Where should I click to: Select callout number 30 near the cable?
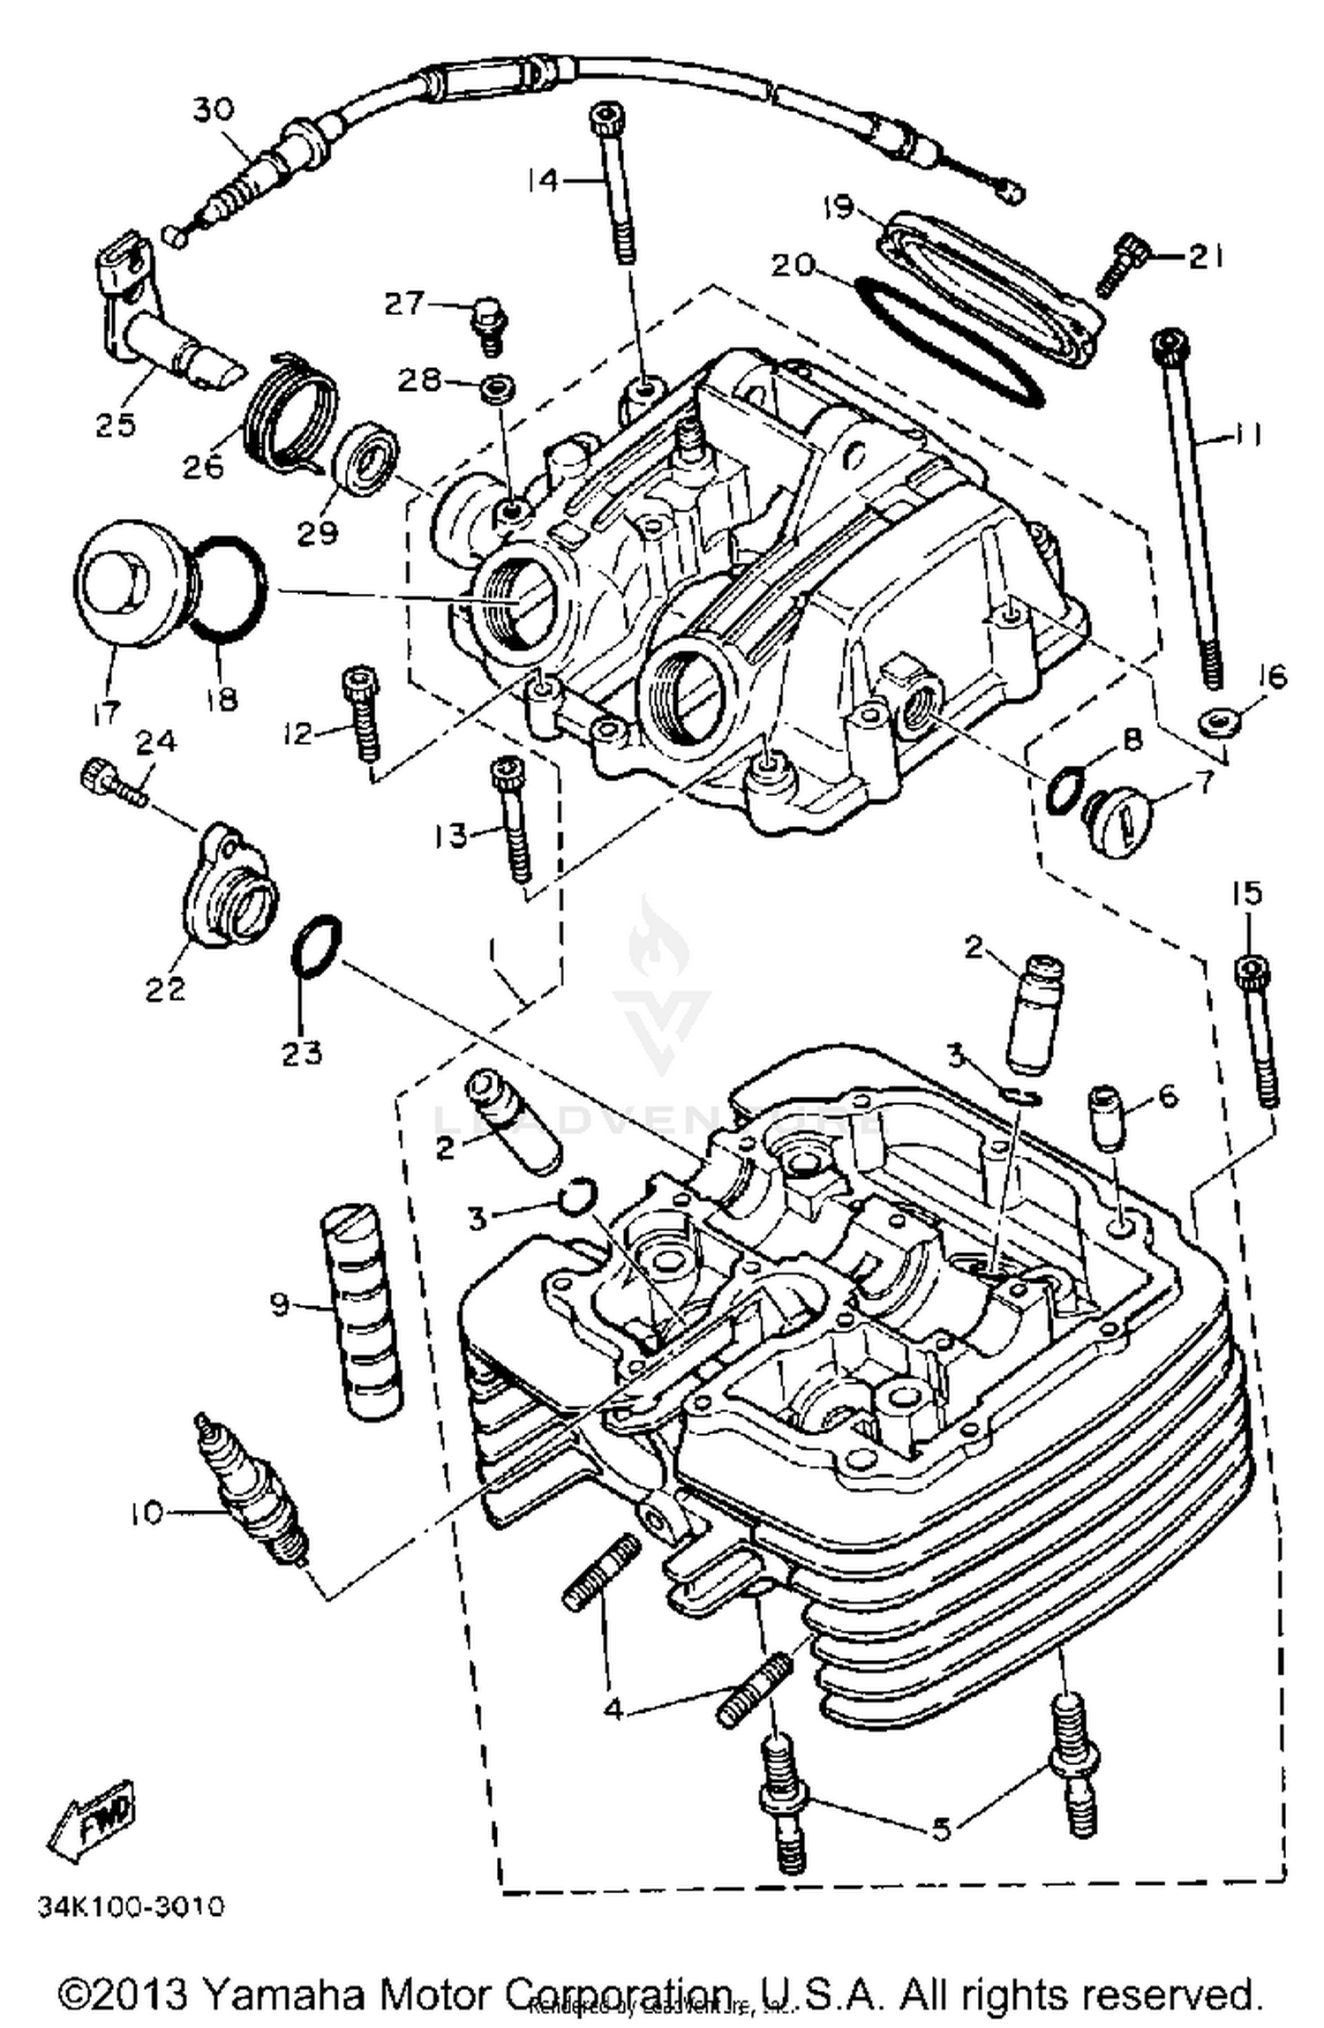(x=214, y=110)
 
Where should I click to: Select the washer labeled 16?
(x=1220, y=723)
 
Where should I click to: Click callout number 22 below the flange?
(x=165, y=988)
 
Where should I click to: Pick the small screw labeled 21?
(x=1121, y=265)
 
